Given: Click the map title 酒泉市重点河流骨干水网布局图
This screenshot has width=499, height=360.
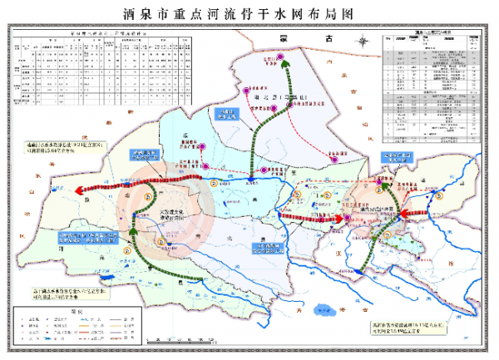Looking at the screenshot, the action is coord(249,14).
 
